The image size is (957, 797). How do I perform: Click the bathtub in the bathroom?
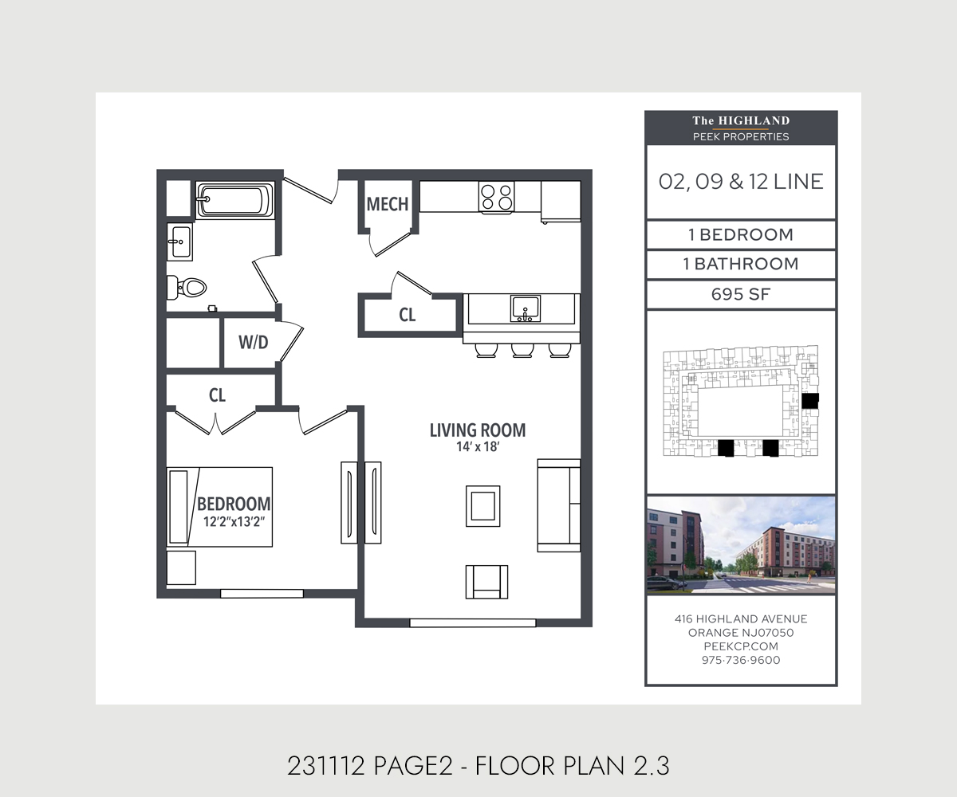[235, 200]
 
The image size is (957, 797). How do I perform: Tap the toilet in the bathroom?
[187, 288]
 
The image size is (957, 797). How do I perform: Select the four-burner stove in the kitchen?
[496, 197]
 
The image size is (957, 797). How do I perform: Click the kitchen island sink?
[526, 308]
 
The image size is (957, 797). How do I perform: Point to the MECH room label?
[388, 204]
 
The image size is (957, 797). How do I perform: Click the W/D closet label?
[253, 342]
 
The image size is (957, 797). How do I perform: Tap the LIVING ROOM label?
[478, 430]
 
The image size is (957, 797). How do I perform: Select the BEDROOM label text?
[234, 504]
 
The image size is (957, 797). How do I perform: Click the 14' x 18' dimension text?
[478, 447]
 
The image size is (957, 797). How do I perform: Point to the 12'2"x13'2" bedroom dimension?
[234, 522]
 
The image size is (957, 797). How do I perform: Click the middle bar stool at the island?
[522, 351]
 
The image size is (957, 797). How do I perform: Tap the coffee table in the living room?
[483, 506]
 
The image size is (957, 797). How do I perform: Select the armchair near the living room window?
[486, 582]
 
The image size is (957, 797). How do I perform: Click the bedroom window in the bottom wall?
[262, 594]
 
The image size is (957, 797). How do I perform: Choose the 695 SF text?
[741, 295]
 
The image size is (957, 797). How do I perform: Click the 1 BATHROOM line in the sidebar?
[741, 265]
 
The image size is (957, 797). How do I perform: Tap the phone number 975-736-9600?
[741, 660]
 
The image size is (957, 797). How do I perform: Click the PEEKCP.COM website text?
[741, 646]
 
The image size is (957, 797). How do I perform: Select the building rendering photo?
[741, 545]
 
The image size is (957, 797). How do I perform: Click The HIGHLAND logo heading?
[741, 121]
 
